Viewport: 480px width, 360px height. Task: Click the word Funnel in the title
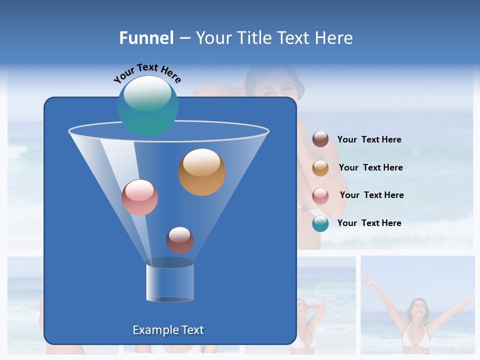[x=146, y=38]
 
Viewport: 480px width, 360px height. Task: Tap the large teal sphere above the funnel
[x=147, y=105]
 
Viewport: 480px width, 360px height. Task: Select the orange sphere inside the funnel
[x=201, y=172]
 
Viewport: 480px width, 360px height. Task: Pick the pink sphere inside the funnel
[x=139, y=197]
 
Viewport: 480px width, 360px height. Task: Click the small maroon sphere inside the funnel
[x=179, y=240]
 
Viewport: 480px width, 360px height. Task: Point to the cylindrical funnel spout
[x=169, y=281]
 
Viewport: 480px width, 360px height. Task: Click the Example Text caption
[x=168, y=330]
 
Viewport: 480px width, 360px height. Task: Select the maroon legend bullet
[x=320, y=139]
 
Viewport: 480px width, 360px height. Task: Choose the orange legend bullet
[x=320, y=168]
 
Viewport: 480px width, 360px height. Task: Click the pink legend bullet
[x=320, y=196]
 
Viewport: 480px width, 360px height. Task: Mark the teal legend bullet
[x=320, y=224]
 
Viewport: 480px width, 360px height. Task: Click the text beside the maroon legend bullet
[x=369, y=139]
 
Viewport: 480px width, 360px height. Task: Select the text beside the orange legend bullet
[x=370, y=167]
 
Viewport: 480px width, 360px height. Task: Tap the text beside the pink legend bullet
[x=371, y=195]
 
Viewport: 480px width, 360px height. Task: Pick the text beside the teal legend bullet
[x=369, y=223]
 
